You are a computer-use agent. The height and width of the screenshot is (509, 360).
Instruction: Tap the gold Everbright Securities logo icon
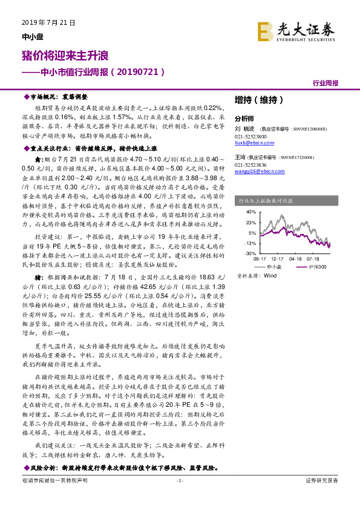[263, 30]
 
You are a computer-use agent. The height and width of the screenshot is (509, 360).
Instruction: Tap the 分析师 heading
[244, 118]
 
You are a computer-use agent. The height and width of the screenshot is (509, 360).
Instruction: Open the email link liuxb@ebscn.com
[252, 144]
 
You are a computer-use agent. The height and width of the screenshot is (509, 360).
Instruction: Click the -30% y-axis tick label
[250, 253]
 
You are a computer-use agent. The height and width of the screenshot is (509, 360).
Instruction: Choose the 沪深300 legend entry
[316, 266]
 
